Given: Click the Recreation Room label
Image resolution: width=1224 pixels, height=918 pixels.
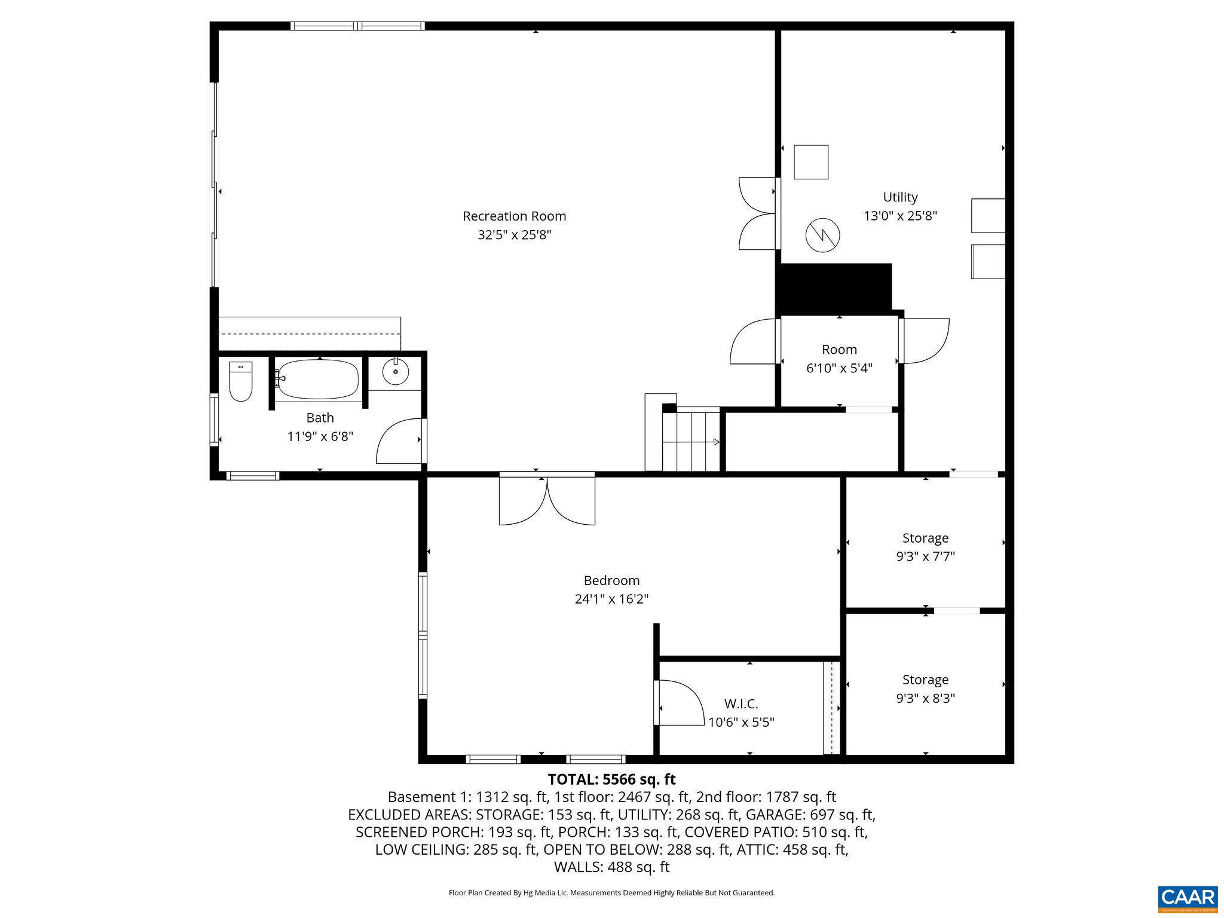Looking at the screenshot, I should pyautogui.click(x=514, y=216).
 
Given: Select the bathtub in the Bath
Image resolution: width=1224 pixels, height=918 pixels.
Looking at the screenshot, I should pyautogui.click(x=318, y=379).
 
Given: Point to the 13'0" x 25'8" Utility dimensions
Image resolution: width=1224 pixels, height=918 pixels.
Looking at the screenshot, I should pyautogui.click(x=900, y=216).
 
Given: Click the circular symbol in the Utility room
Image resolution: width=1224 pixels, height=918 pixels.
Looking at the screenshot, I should pyautogui.click(x=822, y=235).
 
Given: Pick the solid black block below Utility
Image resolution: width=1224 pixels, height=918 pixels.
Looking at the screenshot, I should pyautogui.click(x=834, y=288).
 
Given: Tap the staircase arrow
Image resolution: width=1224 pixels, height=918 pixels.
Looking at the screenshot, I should pyautogui.click(x=715, y=442).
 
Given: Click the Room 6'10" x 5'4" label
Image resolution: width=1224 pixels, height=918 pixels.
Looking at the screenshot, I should pyautogui.click(x=839, y=359).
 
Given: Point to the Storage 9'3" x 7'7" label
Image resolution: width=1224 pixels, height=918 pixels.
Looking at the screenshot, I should pyautogui.click(x=925, y=547).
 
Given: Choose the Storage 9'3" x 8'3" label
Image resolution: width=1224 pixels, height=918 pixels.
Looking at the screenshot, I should pyautogui.click(x=925, y=688).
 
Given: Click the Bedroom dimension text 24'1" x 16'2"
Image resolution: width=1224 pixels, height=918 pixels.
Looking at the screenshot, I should pyautogui.click(x=611, y=599).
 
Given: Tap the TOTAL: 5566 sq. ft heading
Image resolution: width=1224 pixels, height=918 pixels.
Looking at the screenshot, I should pyautogui.click(x=611, y=779).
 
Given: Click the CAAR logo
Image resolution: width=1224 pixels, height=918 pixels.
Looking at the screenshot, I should pyautogui.click(x=1187, y=898).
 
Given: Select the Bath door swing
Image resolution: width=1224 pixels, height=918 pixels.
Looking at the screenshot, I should pyautogui.click(x=399, y=441).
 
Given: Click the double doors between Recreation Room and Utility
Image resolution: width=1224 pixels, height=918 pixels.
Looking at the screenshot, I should pyautogui.click(x=758, y=213).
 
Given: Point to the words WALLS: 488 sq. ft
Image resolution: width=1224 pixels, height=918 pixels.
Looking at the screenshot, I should pyautogui.click(x=611, y=867).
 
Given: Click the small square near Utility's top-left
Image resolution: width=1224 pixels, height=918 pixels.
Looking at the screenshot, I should pyautogui.click(x=810, y=162).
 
